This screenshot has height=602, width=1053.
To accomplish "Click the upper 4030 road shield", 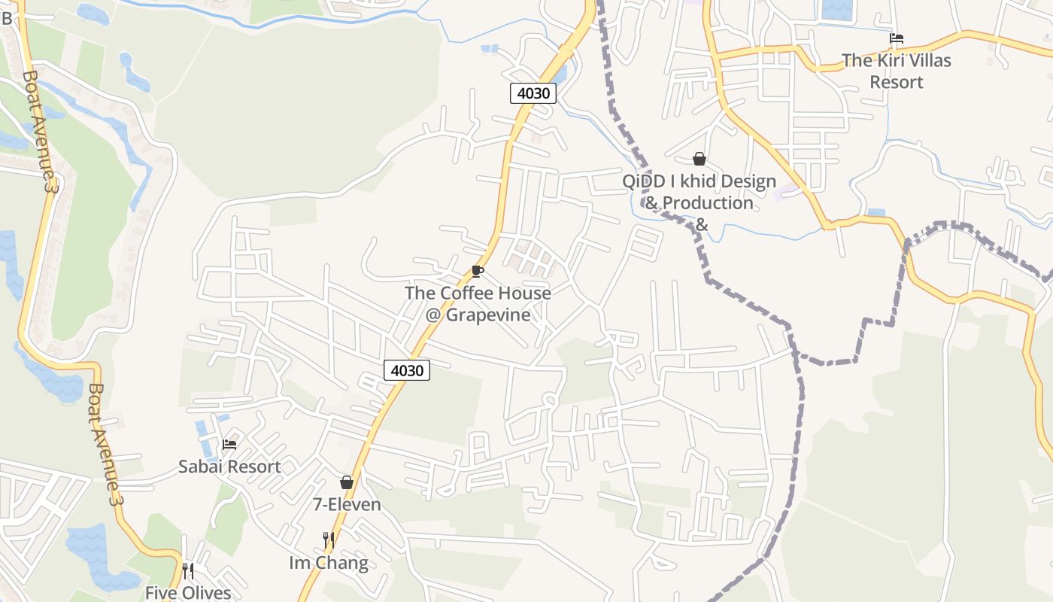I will (534, 93).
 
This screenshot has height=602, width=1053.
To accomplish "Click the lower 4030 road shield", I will (407, 369).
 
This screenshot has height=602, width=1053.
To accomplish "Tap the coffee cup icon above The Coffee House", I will (477, 272).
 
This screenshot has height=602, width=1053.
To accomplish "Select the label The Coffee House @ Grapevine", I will (478, 304).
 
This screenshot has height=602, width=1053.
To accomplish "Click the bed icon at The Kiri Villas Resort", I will (896, 38).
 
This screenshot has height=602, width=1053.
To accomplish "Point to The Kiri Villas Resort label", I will (896, 71).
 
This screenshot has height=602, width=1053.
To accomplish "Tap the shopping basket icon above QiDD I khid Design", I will (699, 159).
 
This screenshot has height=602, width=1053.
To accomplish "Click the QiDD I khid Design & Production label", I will (699, 193).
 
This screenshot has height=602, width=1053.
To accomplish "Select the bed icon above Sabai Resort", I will (229, 445).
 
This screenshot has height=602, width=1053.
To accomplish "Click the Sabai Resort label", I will (229, 467).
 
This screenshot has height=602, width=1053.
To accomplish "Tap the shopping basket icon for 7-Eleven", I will (347, 482).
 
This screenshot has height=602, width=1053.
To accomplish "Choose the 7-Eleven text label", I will (347, 504).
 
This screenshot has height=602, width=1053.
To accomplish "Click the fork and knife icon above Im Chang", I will (328, 540).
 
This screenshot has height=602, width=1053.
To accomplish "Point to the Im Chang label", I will (329, 563).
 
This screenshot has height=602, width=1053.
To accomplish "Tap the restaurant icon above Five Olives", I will (188, 571).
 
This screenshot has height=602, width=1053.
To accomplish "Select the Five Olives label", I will (188, 593).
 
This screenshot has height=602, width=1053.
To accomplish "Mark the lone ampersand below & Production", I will (701, 225).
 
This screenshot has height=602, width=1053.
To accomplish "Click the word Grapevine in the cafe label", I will (488, 315).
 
